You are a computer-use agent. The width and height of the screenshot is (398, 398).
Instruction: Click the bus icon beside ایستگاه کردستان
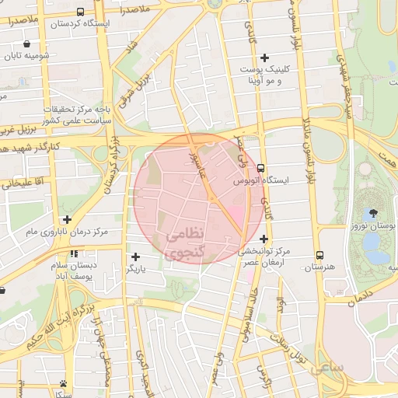tap(81, 12)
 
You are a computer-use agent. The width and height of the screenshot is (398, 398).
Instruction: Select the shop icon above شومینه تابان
tap(29, 44)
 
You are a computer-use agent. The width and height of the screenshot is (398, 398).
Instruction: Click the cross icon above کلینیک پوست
tap(265, 58)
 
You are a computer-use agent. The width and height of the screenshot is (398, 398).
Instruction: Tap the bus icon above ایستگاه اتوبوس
tap(260, 167)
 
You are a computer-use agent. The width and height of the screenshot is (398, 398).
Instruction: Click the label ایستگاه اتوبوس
tap(260, 180)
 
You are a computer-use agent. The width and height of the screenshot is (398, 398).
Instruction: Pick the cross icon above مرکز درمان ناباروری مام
tap(67, 220)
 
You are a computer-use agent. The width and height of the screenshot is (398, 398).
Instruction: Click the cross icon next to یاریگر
tap(136, 257)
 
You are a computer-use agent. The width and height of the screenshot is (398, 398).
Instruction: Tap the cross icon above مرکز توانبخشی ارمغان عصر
tap(264, 239)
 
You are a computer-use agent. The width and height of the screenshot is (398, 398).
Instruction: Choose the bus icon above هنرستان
tap(319, 255)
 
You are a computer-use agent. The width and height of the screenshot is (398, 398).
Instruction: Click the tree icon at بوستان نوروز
tap(375, 211)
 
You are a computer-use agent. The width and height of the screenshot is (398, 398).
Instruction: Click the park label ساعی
tap(327, 368)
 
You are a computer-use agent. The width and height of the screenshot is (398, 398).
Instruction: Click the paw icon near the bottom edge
tap(63, 384)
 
